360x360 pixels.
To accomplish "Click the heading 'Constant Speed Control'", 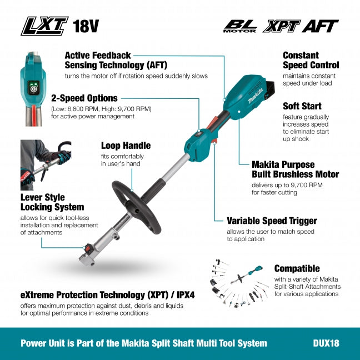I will [311, 60].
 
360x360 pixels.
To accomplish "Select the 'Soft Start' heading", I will [302, 106].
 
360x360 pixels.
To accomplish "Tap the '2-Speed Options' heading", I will [84, 98].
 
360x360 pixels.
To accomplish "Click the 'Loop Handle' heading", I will [126, 146].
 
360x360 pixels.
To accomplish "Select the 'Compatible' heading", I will [297, 268].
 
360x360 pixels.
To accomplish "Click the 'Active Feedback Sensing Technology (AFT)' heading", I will [98, 60].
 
